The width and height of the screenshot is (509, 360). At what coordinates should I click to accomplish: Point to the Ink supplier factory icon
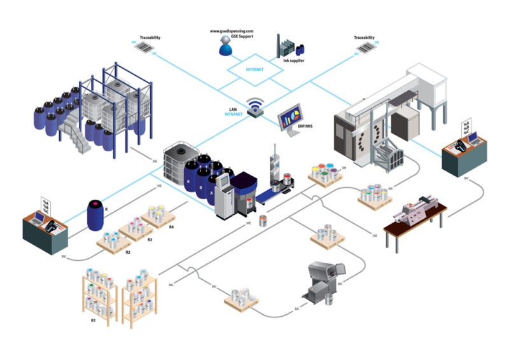click(x=289, y=46)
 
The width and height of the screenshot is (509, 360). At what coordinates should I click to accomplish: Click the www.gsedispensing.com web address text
click(x=232, y=31)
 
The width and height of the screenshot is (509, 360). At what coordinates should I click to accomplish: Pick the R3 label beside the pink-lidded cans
click(x=150, y=239)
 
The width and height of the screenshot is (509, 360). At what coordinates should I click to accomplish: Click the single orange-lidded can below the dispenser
click(x=262, y=221)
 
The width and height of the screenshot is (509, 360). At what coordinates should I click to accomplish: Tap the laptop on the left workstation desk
click(x=40, y=220)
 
